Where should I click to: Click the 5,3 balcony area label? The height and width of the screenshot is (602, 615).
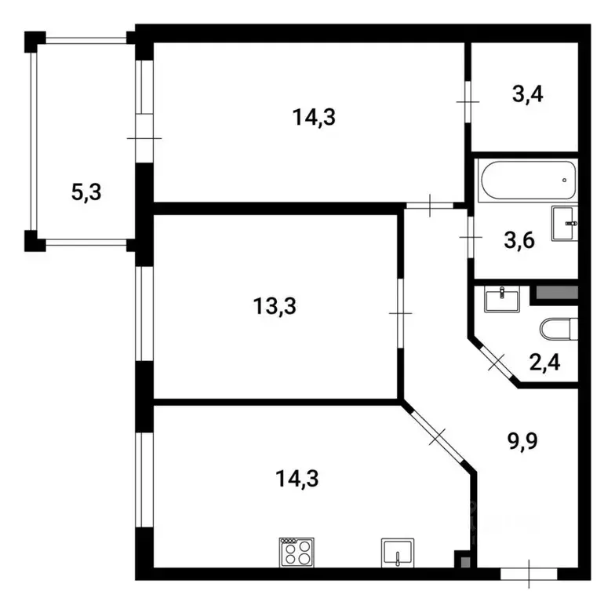tap(86, 192)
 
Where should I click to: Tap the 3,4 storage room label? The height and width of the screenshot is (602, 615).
tap(527, 94)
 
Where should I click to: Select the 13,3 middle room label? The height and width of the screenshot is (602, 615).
tap(275, 306)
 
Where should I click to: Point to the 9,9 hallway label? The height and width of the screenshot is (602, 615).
tap(522, 441)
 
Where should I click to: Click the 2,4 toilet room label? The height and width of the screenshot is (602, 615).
tap(544, 363)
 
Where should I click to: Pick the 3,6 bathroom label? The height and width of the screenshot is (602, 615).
tap(519, 240)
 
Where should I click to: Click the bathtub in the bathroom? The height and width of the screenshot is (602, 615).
tap(529, 181)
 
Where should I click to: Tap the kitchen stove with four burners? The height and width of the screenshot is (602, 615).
tap(297, 553)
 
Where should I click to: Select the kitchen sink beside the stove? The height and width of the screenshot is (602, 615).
tap(398, 553)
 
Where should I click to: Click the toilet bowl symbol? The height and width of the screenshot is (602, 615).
tap(559, 329)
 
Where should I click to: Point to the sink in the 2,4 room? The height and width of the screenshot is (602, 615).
tap(502, 300)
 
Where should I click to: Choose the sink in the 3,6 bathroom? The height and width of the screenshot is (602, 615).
tap(565, 223)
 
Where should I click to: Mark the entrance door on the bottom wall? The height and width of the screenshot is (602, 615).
tap(529, 575)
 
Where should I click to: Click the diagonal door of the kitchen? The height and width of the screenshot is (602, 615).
tap(438, 436)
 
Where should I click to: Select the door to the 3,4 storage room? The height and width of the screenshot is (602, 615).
tap(468, 102)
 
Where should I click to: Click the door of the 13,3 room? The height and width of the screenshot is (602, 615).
tap(400, 313)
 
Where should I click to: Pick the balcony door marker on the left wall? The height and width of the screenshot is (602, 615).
tap(144, 138)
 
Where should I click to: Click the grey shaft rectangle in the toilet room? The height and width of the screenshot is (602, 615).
tap(557, 293)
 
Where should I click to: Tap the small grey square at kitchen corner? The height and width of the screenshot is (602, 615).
tap(465, 562)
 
